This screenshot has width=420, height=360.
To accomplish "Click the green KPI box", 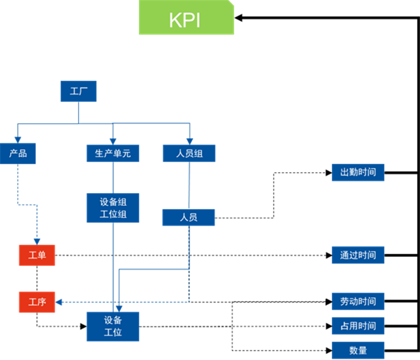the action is coord(187,17).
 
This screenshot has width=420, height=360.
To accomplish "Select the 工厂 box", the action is coord(79,91).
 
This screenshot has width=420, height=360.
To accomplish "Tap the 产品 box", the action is coord(17,154).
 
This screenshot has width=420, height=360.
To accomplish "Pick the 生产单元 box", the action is coord(113,153).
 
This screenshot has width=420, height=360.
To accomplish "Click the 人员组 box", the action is coord(189,153).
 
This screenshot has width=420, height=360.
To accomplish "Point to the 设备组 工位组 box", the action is coord(113,208).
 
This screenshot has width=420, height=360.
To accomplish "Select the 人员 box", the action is coord(188,217).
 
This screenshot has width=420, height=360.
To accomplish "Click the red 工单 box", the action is coord(37,255).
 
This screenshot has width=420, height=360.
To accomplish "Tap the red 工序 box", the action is coord(37,302).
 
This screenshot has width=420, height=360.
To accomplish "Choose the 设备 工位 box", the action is coord(113,326).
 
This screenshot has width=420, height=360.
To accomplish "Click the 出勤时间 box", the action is coord(358,173).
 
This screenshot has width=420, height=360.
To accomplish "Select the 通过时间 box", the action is coord(358,255).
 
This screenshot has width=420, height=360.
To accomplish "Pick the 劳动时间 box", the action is coord(358,301).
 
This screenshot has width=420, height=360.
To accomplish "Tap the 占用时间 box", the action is coord(358,326).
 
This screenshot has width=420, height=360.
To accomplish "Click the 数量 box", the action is coord(358,350).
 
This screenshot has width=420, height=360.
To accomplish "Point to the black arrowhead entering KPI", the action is coord(238,17).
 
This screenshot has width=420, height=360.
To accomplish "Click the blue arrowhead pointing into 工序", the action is coord(59,302).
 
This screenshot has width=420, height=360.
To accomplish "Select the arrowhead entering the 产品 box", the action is coord(17,140).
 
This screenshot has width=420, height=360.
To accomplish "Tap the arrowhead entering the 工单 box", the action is coord(37,242).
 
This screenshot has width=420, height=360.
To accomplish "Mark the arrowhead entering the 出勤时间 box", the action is coord(329,173).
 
